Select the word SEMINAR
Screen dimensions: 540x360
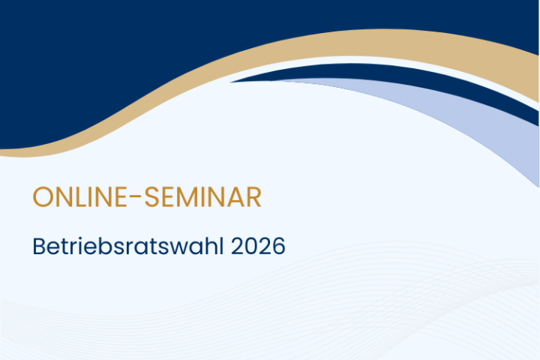pos(202,197)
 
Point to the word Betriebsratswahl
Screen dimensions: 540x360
pos(128,246)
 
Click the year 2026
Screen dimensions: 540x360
pos(258,246)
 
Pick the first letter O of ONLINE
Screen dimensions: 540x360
pos(42,197)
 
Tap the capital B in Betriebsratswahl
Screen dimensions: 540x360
pos(39,246)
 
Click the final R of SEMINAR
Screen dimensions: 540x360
pos(253,197)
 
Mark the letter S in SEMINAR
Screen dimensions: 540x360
pos(151,197)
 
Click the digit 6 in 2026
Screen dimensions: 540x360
pos(278,246)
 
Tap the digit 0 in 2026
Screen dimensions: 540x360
pos(251,246)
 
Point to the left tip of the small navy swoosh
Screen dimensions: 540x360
pos(230,82)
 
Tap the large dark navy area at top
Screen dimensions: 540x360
pos(103,52)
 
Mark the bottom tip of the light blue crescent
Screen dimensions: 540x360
pos(538,187)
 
